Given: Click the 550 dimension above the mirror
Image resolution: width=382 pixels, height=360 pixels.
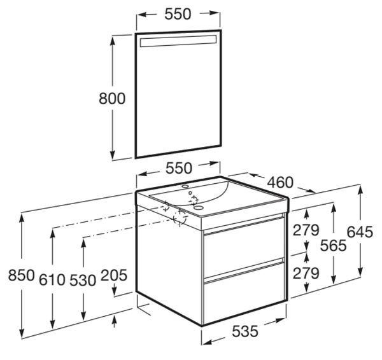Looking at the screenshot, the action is pos(178,15).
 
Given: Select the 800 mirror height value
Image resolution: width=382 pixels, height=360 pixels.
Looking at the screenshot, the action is pos(112,99).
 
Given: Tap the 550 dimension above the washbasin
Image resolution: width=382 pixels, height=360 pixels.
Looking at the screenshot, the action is pos(179,168).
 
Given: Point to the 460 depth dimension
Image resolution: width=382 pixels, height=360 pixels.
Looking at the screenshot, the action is pos(280,183).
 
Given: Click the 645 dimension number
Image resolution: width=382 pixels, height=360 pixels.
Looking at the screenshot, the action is pos(360,232).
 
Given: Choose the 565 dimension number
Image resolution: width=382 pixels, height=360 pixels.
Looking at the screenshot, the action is pos(333,246).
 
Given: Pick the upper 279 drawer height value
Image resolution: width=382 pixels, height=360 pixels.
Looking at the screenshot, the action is pos(306,230).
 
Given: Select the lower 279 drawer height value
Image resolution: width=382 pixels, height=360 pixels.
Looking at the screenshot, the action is pos(306,273).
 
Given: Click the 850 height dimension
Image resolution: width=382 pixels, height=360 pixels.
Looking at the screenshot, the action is pos(22,275).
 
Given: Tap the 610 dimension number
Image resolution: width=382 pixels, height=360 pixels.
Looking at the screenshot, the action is pos(52,280).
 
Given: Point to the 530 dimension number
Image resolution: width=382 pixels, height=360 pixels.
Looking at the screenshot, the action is pos(83,280).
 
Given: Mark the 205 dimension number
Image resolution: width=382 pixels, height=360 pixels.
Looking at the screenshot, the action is pos(114,275).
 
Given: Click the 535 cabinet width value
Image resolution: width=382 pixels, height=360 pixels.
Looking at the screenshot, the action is pos(244,331).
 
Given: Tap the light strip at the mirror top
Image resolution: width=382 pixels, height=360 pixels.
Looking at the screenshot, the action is pos(178,41).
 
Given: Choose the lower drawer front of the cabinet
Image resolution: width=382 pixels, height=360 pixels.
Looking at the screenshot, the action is pos(244,292).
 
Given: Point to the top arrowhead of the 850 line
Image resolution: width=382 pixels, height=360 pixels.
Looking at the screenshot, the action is pos(22,219).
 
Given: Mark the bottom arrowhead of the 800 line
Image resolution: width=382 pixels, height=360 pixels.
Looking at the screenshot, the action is pos(112,155).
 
